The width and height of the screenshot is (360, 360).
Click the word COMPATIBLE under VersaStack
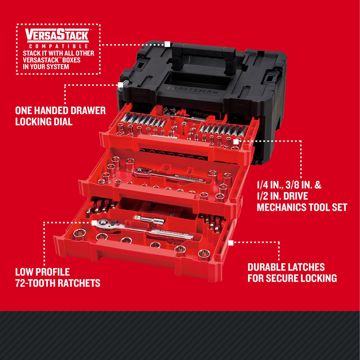point(58,46)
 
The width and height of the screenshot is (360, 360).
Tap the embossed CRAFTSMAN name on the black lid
point(193,90)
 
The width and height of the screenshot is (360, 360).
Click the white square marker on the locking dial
point(120,85)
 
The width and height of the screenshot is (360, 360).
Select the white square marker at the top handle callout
point(167,44)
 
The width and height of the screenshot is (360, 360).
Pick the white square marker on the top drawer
point(236,142)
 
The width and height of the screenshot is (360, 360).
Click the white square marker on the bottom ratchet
point(94,222)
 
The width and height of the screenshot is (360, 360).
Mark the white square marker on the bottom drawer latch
point(231,243)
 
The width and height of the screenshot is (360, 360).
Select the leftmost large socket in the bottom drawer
point(79,235)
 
